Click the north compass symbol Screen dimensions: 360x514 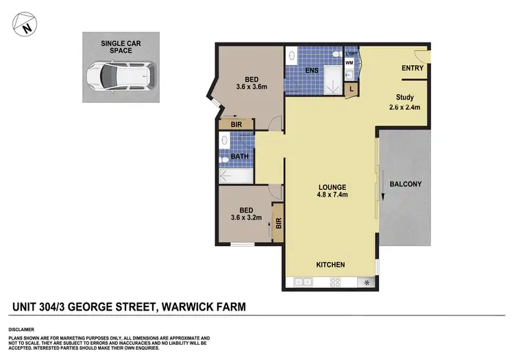(25, 26)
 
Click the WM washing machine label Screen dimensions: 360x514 (349, 63)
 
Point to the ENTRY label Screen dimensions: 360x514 (413, 68)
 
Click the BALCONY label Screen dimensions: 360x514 (405, 184)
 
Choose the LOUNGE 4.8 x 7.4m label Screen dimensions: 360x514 (332, 191)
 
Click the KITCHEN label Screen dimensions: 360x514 (330, 265)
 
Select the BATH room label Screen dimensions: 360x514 (239, 156)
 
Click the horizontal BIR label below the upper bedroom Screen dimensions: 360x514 (236, 125)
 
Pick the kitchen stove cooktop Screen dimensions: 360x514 (336, 282)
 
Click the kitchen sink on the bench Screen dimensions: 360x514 (302, 282)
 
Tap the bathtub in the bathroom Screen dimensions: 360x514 (235, 176)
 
